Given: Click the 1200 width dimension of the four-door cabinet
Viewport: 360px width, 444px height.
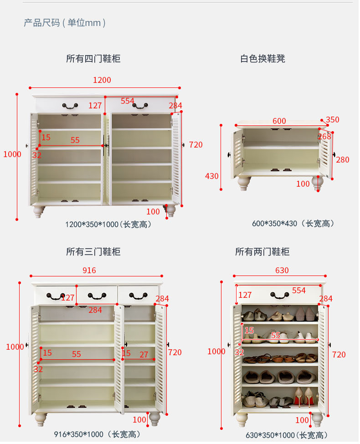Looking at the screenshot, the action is (x=102, y=80).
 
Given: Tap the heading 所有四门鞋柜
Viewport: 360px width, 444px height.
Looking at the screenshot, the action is (x=93, y=58).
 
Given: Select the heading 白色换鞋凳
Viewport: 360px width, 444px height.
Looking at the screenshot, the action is (x=263, y=58).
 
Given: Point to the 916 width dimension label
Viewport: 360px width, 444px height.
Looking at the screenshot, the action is (x=89, y=270).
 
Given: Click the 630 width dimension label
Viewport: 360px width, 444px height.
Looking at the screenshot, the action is (x=282, y=270).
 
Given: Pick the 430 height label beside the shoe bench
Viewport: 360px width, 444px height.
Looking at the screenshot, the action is (x=212, y=176).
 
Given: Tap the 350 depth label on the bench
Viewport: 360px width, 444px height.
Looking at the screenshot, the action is (x=333, y=120).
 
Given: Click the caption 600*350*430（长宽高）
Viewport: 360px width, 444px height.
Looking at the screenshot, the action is (x=293, y=224).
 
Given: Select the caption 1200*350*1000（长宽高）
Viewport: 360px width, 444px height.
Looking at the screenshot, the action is (x=108, y=224).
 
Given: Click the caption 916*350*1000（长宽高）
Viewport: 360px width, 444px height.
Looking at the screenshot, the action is (x=97, y=434).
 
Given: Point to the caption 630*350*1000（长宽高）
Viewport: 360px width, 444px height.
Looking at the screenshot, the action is (x=287, y=435).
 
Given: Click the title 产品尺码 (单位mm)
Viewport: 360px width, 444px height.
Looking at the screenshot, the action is (x=65, y=22).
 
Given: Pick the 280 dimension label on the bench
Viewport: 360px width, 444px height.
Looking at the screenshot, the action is (x=342, y=160).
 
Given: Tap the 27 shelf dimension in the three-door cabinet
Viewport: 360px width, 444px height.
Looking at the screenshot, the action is (x=144, y=354).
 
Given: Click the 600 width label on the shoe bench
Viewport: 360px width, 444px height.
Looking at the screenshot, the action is (x=279, y=121).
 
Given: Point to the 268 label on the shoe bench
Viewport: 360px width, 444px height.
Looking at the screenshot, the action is (x=324, y=137).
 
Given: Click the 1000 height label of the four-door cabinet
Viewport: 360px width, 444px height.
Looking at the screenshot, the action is (x=12, y=154).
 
